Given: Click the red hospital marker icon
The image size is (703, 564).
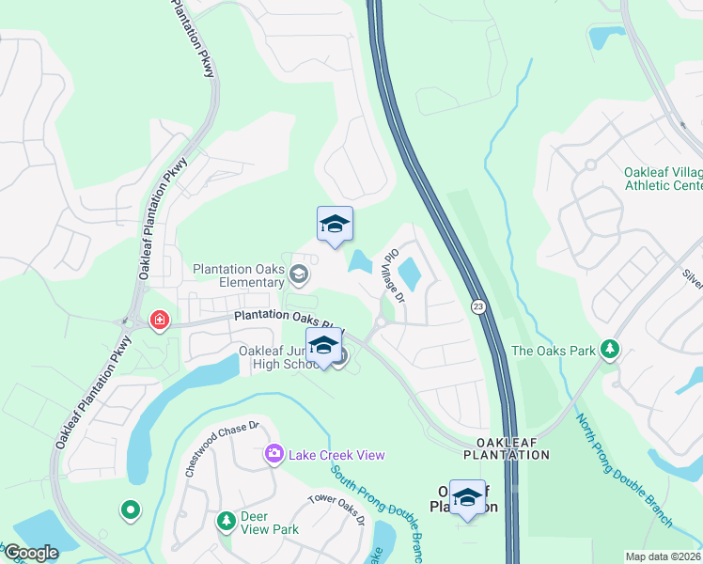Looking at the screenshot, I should click(x=160, y=321).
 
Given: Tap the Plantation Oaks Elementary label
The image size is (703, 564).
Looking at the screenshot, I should click(x=239, y=275).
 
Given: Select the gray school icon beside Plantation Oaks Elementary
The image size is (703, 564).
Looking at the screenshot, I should click(x=299, y=274).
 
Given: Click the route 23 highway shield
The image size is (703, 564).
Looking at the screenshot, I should click(x=477, y=306).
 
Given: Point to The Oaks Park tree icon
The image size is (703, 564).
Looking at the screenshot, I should click(x=610, y=350).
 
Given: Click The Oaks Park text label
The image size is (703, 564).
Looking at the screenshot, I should click(x=554, y=351).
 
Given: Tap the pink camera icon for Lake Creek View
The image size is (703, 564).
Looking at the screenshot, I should click(x=273, y=455).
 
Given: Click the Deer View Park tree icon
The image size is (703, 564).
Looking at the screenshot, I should click(x=226, y=521).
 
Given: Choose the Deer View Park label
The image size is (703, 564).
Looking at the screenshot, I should click(x=270, y=523).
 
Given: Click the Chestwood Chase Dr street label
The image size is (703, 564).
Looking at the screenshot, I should click(x=221, y=446).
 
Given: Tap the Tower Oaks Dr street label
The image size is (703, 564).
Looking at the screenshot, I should click(x=336, y=509).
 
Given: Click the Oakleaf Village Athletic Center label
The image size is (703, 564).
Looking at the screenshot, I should click(x=663, y=179).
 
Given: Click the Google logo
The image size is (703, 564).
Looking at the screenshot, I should click(x=31, y=553).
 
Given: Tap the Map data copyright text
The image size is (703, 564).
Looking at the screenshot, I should click(x=663, y=556).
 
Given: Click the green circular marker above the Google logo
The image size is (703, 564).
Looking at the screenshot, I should click(x=130, y=510).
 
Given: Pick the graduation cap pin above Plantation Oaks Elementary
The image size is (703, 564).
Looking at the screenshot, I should click(x=335, y=226).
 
